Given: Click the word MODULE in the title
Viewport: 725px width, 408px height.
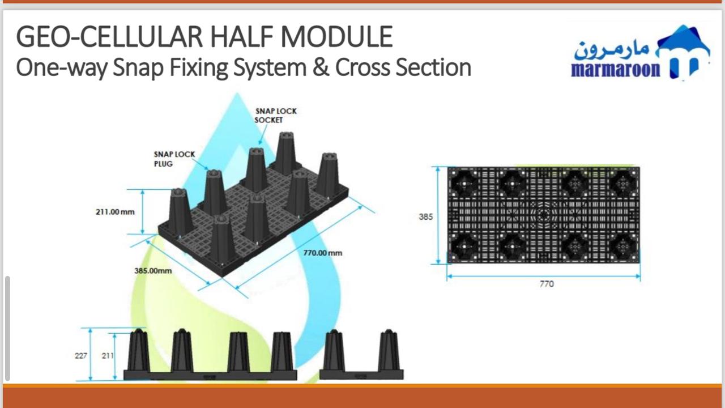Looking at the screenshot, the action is pyautogui.click(x=336, y=37).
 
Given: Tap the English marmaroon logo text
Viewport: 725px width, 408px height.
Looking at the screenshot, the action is pyautogui.click(x=616, y=69).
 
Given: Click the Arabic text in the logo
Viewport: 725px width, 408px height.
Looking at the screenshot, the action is pyautogui.click(x=612, y=50).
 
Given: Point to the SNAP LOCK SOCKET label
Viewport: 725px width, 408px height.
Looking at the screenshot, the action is pyautogui.click(x=275, y=116).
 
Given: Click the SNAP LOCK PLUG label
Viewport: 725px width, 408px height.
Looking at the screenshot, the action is pyautogui.click(x=174, y=159).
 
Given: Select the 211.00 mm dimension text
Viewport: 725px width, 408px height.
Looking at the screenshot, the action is pyautogui.click(x=115, y=212).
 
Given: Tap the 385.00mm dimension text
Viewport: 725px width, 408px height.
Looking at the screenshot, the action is pyautogui.click(x=153, y=271).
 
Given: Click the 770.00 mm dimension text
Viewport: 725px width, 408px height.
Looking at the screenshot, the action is pyautogui.click(x=323, y=253).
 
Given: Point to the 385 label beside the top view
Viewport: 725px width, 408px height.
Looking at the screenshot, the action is pyautogui.click(x=425, y=217).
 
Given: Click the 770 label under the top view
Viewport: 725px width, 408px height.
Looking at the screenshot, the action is pyautogui.click(x=547, y=284).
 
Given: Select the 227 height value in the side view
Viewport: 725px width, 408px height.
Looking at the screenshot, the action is pyautogui.click(x=81, y=356).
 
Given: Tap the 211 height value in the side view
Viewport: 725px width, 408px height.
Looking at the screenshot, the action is pyautogui.click(x=108, y=356).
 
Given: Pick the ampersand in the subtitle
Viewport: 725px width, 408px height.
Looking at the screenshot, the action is pyautogui.click(x=321, y=67).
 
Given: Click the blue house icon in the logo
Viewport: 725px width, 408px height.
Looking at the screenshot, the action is pyautogui.click(x=684, y=52).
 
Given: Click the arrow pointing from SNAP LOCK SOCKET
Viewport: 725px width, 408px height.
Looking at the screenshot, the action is pyautogui.click(x=263, y=135).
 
